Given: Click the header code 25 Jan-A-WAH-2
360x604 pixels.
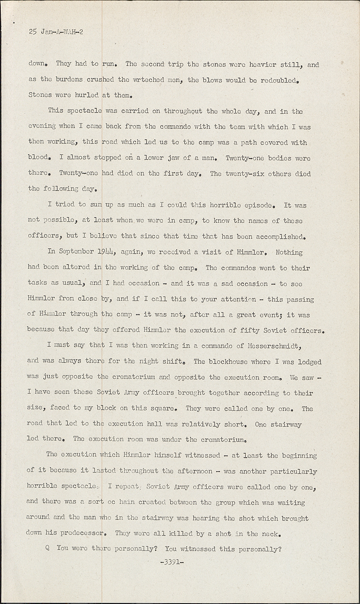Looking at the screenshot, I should click(56, 32).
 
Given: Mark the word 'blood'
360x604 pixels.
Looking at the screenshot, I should click(39, 157).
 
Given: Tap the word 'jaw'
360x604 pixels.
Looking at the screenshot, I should click(173, 157).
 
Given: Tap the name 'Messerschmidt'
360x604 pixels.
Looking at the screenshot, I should click(274, 345).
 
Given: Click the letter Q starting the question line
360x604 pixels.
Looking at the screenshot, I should click(48, 548).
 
